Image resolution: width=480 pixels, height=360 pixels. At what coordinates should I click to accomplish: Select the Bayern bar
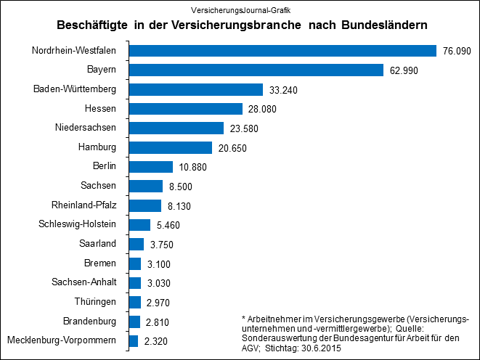pyautogui.click(x=256, y=70)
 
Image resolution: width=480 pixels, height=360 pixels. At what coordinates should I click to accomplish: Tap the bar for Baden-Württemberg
pyautogui.click(x=195, y=90)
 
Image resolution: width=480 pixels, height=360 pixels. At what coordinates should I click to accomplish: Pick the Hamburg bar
pyautogui.click(x=170, y=148)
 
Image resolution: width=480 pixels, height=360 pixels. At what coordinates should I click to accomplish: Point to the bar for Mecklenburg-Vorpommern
pyautogui.click(x=133, y=341)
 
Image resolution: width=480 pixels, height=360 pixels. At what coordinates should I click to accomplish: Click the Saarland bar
pyautogui.click(x=137, y=245)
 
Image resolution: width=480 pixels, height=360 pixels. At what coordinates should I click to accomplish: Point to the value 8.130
pyautogui.click(x=179, y=206)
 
